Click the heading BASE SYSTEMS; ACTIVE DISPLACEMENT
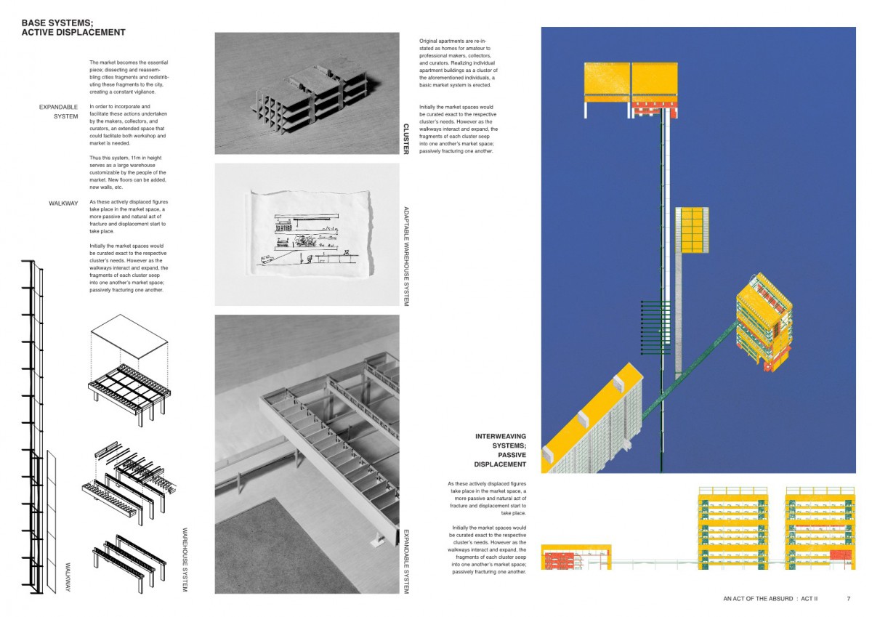coord(73,28)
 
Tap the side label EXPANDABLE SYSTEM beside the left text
coord(58,112)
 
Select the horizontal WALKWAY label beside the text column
coord(63,203)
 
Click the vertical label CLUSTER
coord(405,139)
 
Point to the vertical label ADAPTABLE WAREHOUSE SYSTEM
coord(406,256)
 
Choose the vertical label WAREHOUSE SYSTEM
coord(185,560)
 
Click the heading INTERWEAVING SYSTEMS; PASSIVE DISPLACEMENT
coord(500,451)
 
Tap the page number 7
coord(849,598)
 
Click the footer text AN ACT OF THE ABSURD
coord(757,599)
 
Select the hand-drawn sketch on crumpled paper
coord(308,233)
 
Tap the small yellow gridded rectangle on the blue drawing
coord(692,230)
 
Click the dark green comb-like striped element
coord(655,327)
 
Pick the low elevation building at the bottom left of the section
coord(576,557)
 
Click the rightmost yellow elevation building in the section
coord(820,528)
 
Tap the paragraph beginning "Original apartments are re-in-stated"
coord(459,63)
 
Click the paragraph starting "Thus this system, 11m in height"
coord(128,172)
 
